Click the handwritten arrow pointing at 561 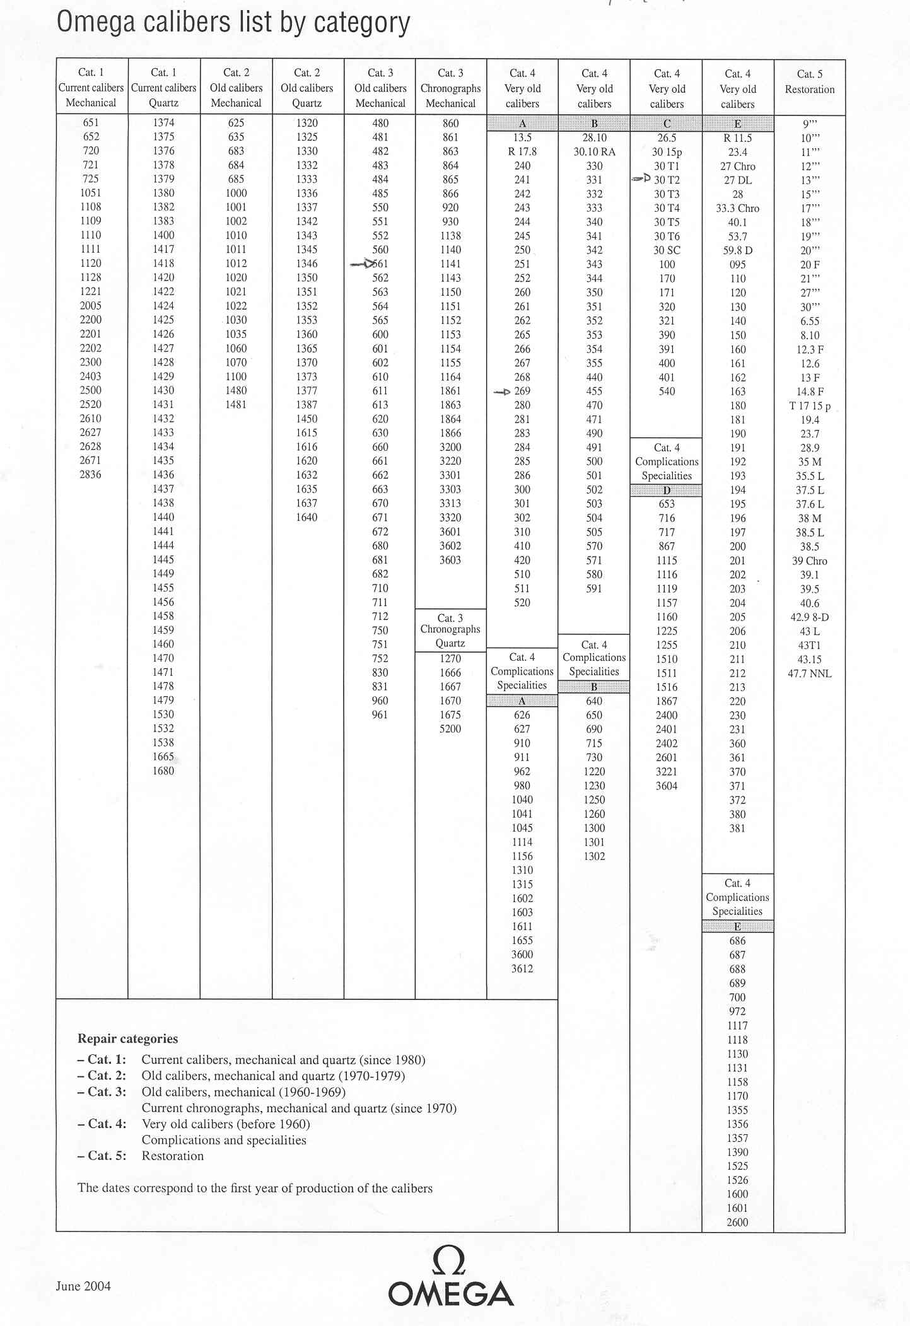(x=363, y=264)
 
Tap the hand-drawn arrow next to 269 (x=502, y=392)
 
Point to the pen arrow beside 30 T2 (x=641, y=179)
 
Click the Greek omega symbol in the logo (x=450, y=1264)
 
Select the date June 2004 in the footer (x=83, y=1286)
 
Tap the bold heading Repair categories (x=127, y=1038)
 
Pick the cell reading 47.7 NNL (x=810, y=673)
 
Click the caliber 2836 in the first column (x=91, y=474)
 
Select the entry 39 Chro (x=810, y=561)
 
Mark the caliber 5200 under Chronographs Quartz (x=450, y=729)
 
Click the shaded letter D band (x=666, y=491)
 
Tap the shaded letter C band (x=667, y=124)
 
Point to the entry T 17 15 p (x=810, y=406)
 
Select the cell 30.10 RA (x=594, y=152)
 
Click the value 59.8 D (x=738, y=250)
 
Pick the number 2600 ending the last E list (x=737, y=1222)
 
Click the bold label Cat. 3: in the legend (x=102, y=1091)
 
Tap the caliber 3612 (x=522, y=968)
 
